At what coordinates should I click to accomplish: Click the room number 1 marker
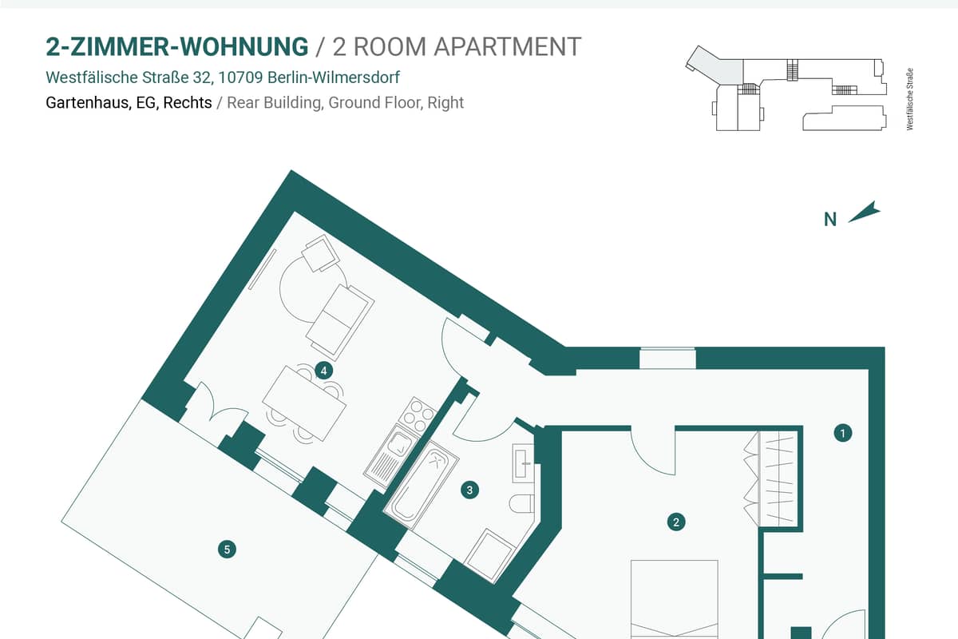coord(842,433)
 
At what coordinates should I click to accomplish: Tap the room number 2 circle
coord(676,522)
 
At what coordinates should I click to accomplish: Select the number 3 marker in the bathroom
coord(469,490)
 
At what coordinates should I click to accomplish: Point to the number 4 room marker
coord(324,371)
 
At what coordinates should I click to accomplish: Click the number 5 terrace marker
coord(227,549)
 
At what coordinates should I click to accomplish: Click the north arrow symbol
coord(865,212)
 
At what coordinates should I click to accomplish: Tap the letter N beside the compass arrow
coord(830,220)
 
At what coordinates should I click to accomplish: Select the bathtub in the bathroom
coord(421,485)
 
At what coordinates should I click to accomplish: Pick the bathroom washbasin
coord(524,463)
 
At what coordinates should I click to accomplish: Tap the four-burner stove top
coord(418,415)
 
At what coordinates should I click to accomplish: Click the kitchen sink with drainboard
coord(390,456)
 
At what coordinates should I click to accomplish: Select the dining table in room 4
coord(304,403)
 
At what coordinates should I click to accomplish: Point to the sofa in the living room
coord(340,322)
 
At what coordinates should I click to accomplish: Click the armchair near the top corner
coord(320,253)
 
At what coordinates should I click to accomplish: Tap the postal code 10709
coord(240,77)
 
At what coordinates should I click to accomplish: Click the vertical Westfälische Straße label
coord(909,99)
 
